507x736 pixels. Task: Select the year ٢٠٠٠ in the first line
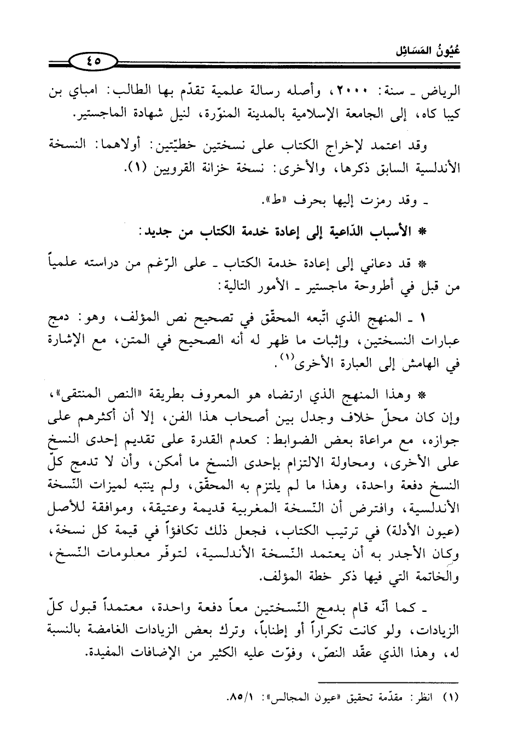(368, 91)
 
